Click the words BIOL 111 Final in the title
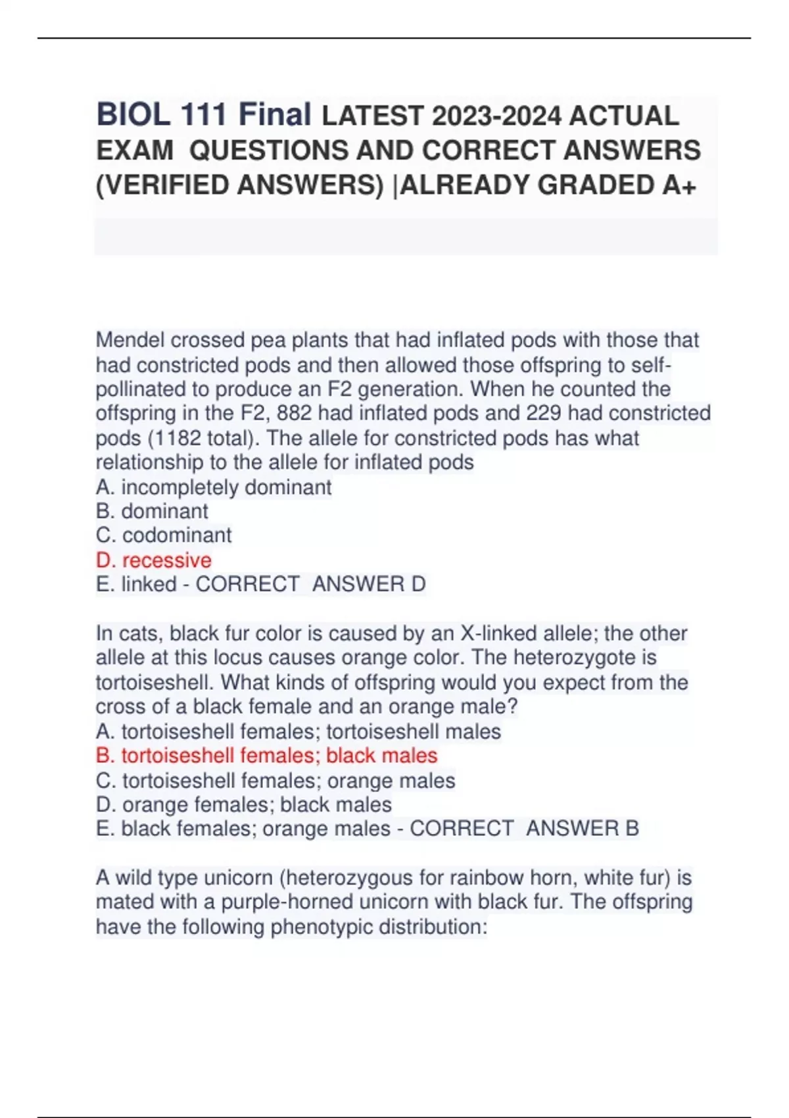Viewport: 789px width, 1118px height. point(204,115)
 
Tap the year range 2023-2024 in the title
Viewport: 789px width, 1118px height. point(496,117)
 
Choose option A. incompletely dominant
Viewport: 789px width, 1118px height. point(214,487)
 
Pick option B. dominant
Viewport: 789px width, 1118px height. point(152,512)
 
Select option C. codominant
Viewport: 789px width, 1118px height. point(164,535)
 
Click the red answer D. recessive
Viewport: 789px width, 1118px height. point(154,560)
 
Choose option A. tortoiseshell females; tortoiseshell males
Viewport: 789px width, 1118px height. point(299,731)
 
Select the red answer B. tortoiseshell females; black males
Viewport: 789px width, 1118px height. point(266,756)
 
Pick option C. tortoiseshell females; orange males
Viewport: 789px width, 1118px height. point(275,781)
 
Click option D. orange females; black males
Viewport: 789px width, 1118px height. point(244,804)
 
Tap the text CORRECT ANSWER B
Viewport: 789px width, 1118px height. point(524,829)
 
